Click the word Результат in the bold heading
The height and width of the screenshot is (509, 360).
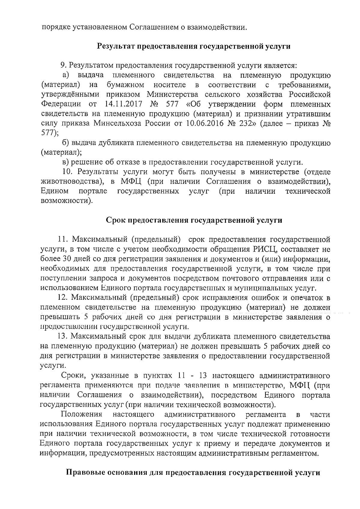click(115, 46)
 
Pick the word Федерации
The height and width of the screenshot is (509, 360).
click(61, 104)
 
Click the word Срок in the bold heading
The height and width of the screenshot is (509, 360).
click(116, 220)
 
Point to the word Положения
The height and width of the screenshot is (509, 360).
click(82, 415)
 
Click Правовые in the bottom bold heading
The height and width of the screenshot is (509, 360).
click(85, 473)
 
